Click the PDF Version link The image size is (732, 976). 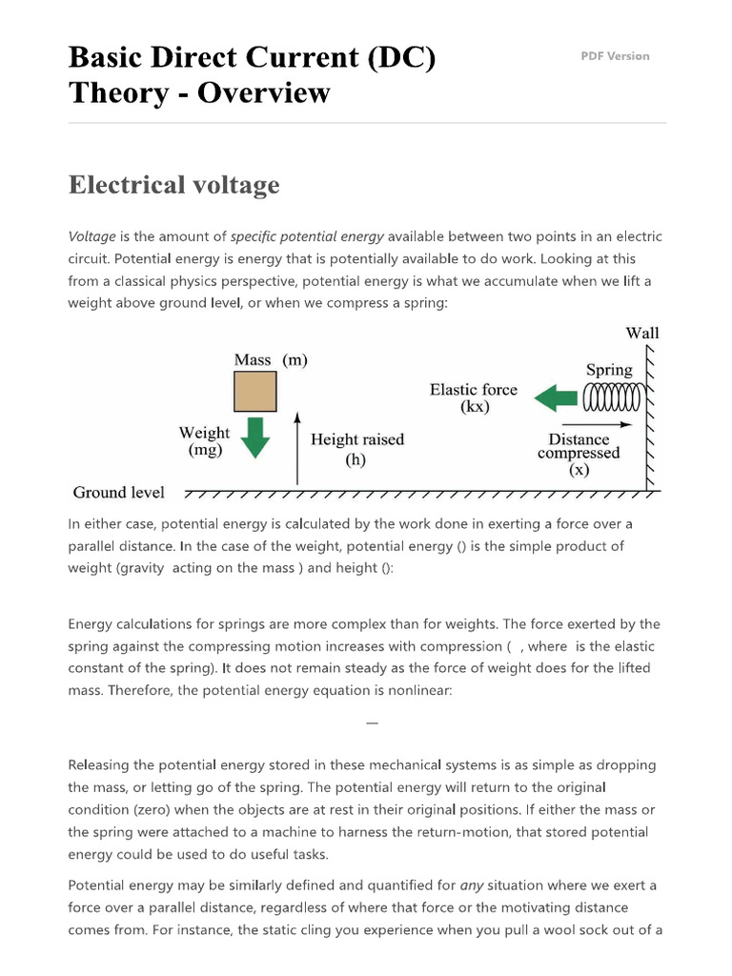point(615,56)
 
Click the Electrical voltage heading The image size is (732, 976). point(173,184)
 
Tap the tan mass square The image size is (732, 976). point(255,391)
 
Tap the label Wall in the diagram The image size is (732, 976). point(641,333)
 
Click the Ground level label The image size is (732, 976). point(118,493)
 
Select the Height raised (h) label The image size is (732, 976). point(357,449)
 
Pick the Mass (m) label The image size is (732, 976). point(271,360)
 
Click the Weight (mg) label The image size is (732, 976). point(204,441)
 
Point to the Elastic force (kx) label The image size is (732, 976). point(474,398)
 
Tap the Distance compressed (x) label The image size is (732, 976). point(579,454)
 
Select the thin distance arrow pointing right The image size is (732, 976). point(597,423)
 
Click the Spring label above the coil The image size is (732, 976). point(609,370)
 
